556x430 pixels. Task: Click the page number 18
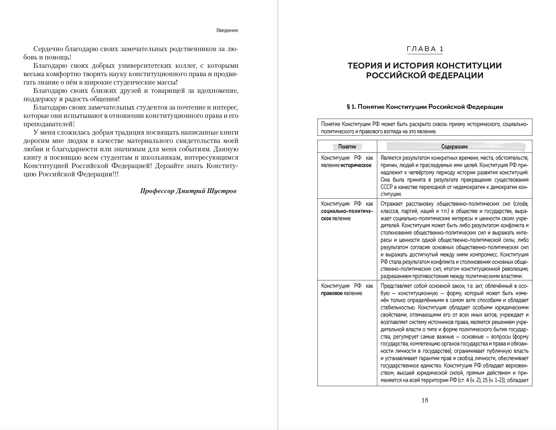[x=425, y=400]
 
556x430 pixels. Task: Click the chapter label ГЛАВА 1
[x=425, y=49]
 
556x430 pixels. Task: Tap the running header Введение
[x=227, y=31]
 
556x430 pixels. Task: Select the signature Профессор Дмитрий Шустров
[x=188, y=191]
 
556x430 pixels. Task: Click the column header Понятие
[x=347, y=147]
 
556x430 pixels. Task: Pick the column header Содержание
[x=454, y=147]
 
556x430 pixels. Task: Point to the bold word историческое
[x=356, y=165]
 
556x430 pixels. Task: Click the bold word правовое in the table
[x=331, y=293]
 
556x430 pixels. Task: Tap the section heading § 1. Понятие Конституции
[x=425, y=107]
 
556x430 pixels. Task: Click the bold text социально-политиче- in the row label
[x=347, y=211]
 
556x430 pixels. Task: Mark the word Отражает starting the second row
[x=392, y=204]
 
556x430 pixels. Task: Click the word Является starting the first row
[x=392, y=158]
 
